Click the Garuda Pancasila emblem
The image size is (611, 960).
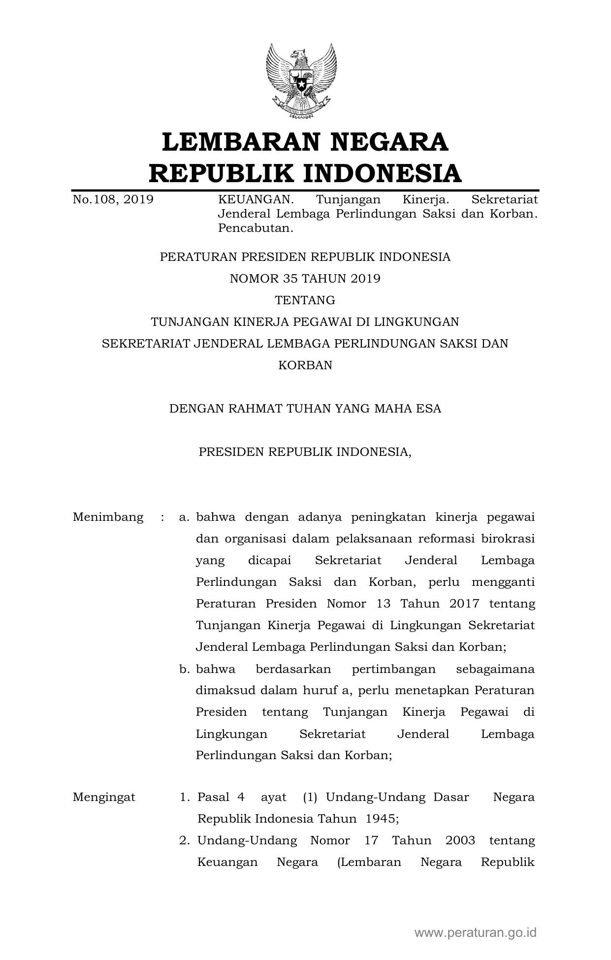click(x=302, y=81)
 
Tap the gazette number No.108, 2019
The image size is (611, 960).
click(x=113, y=199)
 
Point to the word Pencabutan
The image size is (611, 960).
click(x=256, y=228)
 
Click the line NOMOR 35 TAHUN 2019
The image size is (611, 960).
click(x=305, y=279)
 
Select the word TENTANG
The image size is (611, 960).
click(x=305, y=300)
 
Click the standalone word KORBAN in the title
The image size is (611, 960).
click(x=305, y=365)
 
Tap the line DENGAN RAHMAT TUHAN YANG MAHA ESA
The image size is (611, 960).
click(x=305, y=409)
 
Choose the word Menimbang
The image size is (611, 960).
click(x=108, y=517)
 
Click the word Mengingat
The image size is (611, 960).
click(x=104, y=798)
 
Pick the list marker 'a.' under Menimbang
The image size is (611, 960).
click(x=185, y=517)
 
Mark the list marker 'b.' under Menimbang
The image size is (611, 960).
click(x=185, y=670)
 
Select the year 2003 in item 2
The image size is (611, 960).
click(x=460, y=840)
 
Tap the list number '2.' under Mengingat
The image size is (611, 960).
click(x=185, y=840)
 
